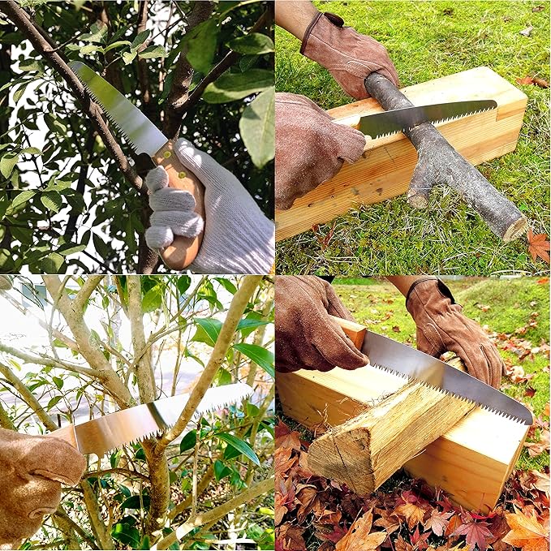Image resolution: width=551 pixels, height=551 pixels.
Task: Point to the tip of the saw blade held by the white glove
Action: coord(75,65)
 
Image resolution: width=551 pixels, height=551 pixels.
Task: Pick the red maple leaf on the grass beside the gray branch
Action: coord(538,244)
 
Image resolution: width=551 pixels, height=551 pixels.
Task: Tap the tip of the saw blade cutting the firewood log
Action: coord(529,419)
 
